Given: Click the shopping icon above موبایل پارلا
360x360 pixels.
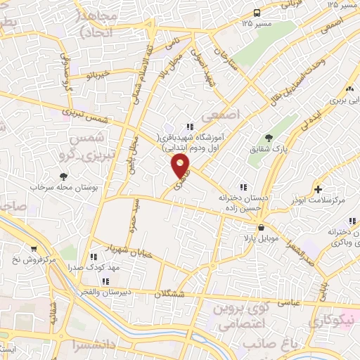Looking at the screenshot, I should tap(262, 227).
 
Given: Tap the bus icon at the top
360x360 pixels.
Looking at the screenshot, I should tap(257, 13).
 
